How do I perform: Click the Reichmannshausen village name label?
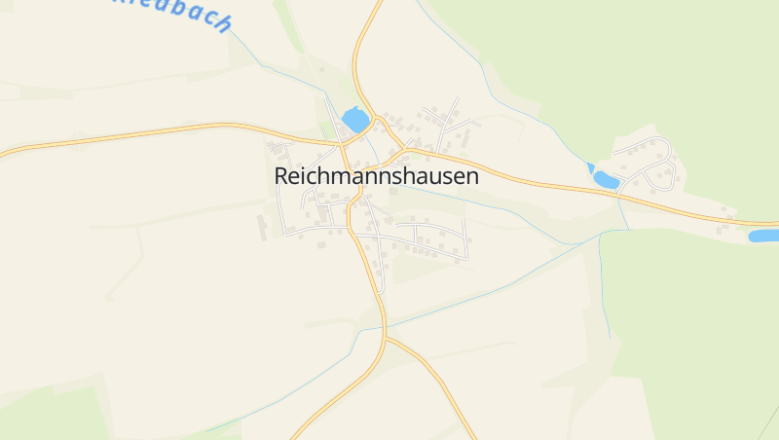click(377, 176)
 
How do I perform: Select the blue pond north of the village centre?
click(355, 121)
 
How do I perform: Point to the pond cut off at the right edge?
click(764, 236)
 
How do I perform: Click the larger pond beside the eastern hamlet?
click(606, 180)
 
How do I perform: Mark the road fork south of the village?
click(385, 338)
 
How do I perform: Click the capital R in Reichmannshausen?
click(282, 176)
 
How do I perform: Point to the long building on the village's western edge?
click(261, 227)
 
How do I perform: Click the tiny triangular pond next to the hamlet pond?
click(590, 167)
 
